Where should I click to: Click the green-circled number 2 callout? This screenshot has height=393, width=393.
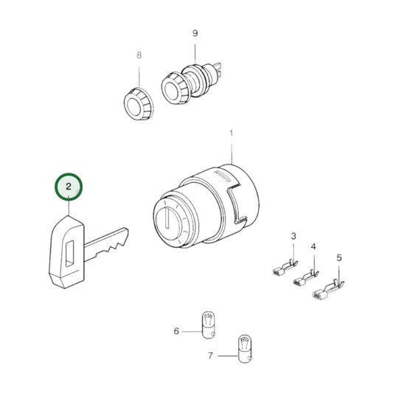tap(69, 187)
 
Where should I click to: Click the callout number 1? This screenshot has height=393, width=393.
tap(232, 133)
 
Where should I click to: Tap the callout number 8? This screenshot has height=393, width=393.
tap(139, 55)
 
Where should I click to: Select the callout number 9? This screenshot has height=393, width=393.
tap(195, 33)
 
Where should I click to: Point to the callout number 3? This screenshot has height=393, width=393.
tap(293, 236)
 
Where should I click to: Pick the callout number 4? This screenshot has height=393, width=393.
tap(313, 246)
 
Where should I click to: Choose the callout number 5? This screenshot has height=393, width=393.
tap(339, 257)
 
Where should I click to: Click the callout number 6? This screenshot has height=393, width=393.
tap(176, 331)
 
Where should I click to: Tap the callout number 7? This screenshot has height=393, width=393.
tap(210, 355)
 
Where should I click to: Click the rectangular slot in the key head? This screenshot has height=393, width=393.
tap(69, 254)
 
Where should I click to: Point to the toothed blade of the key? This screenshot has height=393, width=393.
tap(106, 244)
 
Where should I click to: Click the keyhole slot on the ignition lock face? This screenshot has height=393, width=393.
tap(167, 219)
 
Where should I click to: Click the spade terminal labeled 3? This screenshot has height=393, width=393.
tap(285, 268)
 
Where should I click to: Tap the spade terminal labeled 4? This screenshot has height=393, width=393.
tap(306, 278)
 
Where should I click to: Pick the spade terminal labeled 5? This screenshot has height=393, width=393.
tap(329, 291)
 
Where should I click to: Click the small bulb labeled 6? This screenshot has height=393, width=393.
tap(208, 325)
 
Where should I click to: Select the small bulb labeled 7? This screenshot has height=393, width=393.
tap(245, 349)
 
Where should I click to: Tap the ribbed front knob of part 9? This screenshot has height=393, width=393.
tap(175, 89)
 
